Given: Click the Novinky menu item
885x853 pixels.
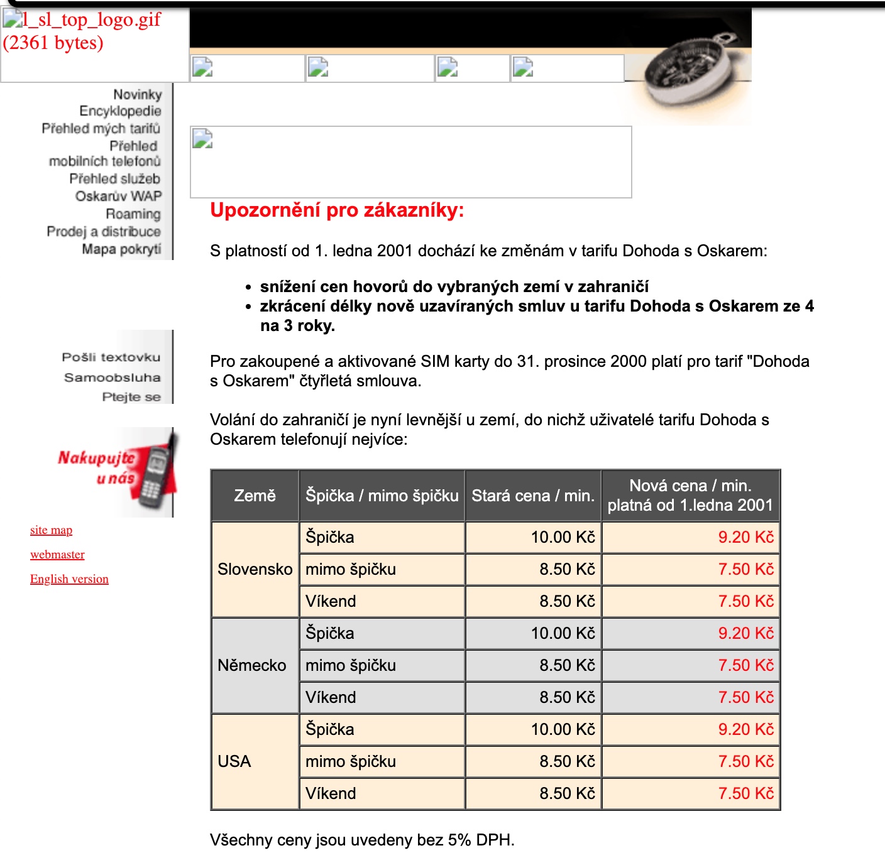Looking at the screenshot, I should tap(137, 95).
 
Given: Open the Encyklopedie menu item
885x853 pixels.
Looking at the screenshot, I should tap(120, 111).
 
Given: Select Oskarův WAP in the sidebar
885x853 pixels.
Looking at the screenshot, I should tap(118, 197).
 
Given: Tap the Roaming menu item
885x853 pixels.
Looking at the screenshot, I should tap(133, 214).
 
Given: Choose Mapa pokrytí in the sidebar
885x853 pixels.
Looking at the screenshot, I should tap(121, 249).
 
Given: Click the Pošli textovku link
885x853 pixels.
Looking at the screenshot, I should tap(111, 357).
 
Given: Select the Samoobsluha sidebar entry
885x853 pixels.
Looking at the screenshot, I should tap(113, 378).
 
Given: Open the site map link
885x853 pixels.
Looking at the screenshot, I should tap(51, 530).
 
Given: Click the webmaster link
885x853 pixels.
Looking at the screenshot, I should tap(57, 555).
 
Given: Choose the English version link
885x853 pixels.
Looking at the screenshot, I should tap(69, 579).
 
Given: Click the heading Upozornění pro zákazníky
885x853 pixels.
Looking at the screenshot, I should tap(337, 210).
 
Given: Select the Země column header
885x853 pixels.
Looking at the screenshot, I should tap(255, 496).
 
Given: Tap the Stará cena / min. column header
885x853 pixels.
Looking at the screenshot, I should tap(533, 496).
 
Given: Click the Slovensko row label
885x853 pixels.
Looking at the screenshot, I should tap(255, 569).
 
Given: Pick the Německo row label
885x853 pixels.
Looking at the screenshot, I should tap(251, 665).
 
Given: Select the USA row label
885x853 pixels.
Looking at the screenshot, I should tap(234, 761).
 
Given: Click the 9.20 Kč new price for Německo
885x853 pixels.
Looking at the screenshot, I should tap(745, 633).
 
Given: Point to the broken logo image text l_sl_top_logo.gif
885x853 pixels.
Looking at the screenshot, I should tap(92, 20).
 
